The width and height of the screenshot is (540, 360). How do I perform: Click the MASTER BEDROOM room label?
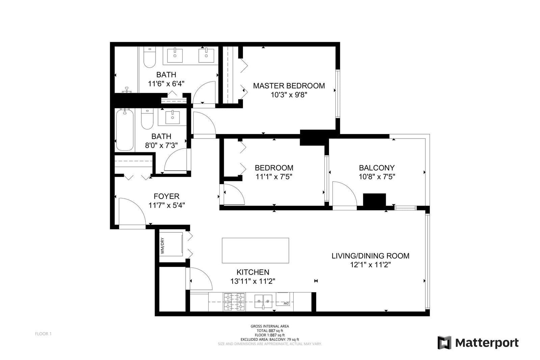click(x=289, y=86)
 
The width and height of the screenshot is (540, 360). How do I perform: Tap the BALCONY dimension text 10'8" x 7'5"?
click(x=377, y=177)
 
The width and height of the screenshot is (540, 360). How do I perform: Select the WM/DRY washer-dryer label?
click(x=162, y=246)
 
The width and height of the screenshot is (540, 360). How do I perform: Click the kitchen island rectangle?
click(x=255, y=251)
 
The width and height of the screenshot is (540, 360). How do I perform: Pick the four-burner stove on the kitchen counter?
click(x=234, y=302)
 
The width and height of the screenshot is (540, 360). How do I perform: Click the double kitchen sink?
click(x=263, y=301)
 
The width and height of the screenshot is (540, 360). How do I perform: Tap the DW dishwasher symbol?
click(x=283, y=299)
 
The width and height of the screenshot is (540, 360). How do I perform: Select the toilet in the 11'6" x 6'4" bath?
click(x=150, y=57)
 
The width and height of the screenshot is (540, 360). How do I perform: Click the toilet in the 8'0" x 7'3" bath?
click(x=147, y=119)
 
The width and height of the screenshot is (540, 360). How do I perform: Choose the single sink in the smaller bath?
click(x=172, y=117)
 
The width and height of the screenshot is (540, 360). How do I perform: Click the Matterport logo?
click(x=478, y=343)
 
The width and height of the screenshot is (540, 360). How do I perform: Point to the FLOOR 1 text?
click(x=43, y=334)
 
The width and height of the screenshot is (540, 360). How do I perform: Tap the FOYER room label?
click(x=167, y=196)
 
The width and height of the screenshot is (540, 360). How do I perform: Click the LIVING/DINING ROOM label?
click(x=370, y=256)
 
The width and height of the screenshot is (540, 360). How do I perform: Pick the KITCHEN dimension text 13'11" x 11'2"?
click(x=253, y=281)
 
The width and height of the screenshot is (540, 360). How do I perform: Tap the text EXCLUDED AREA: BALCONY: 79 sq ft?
click(x=270, y=339)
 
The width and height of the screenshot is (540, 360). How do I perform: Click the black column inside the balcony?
click(x=374, y=200)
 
